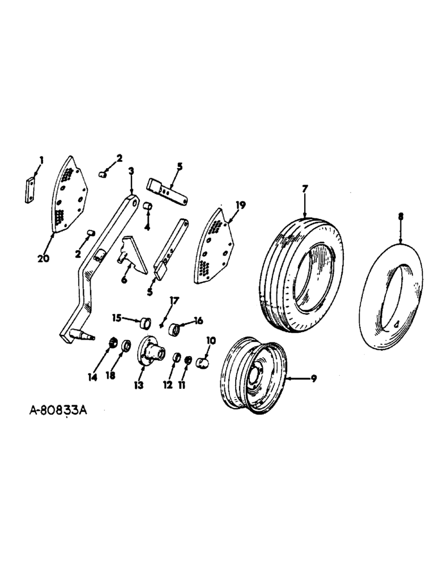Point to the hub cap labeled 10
coord(203,362)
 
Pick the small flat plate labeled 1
coord(29,190)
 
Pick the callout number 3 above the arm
coord(131,170)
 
